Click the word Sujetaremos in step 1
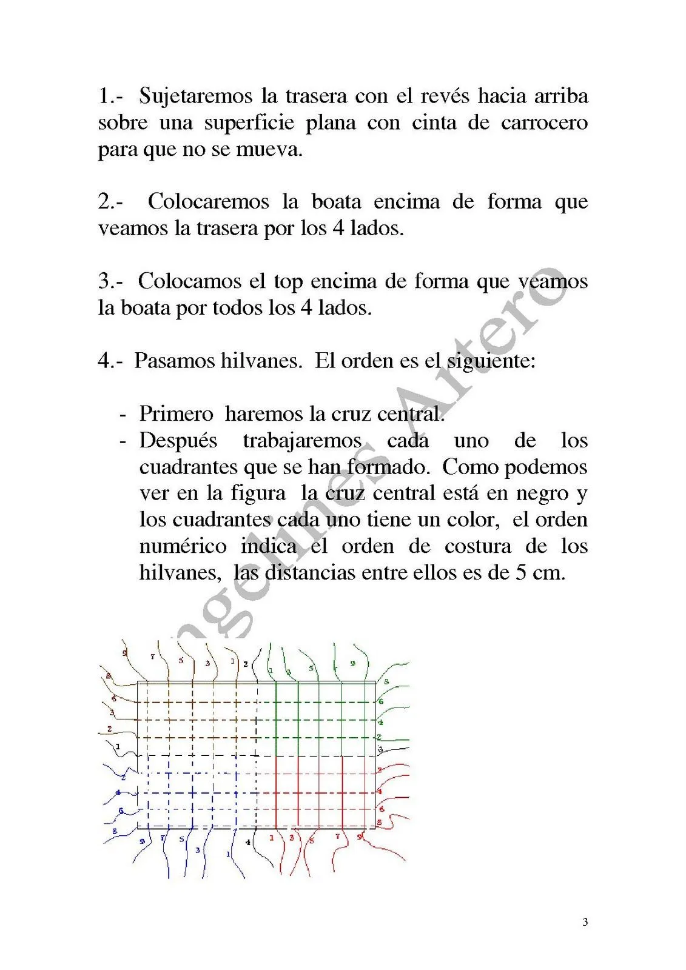196,96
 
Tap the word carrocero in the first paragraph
544,123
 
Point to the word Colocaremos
208,202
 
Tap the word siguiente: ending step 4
491,361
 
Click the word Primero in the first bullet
176,414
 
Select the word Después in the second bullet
178,441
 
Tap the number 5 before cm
520,573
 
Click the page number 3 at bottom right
585,923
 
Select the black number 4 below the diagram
247,842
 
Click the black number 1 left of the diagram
118,746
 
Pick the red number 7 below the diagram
338,837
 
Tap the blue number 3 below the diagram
198,851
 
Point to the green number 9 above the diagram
352,663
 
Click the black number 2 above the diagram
245,664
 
